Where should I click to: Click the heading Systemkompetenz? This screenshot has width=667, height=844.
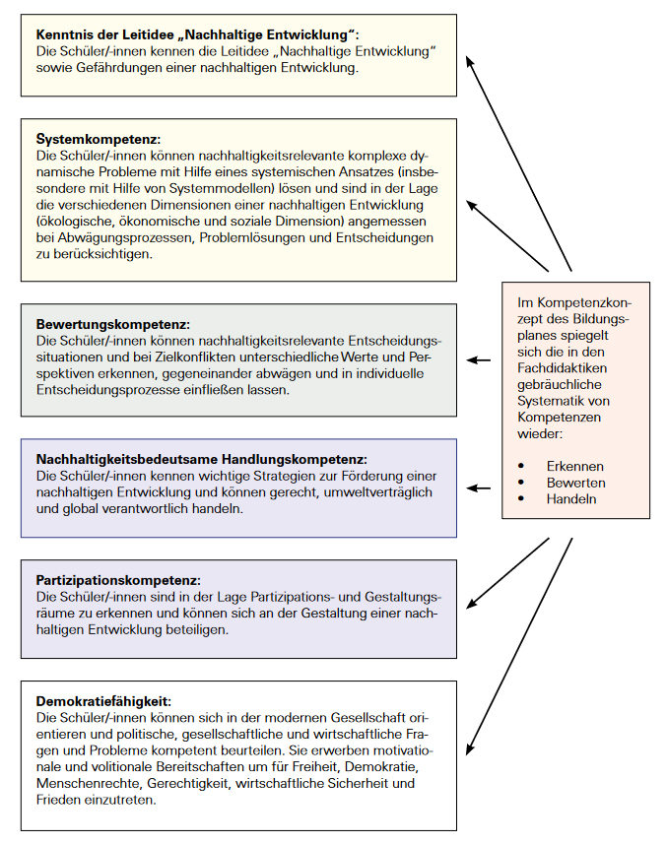coord(99,138)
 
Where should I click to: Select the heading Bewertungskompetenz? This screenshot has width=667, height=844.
coord(112,324)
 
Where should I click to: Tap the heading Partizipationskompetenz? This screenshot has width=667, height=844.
coord(118,580)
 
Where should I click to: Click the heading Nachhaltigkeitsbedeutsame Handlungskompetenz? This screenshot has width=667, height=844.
coord(201,459)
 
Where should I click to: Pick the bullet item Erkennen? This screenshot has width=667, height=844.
coord(574,466)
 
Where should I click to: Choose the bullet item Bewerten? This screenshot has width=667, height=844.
coord(575,483)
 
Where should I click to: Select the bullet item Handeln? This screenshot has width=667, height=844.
coord(571,499)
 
